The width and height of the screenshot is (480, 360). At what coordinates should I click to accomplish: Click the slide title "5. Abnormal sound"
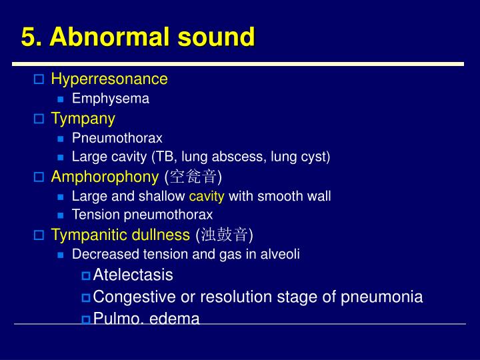coord(137,37)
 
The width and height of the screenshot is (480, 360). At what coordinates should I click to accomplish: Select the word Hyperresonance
coord(109,79)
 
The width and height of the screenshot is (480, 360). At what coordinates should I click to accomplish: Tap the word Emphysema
coord(111,99)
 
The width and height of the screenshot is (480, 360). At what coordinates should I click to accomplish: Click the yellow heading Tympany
coord(83,119)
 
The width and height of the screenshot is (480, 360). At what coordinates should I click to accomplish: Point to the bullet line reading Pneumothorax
coord(117,138)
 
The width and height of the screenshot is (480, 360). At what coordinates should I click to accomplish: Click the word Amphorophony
coord(105,177)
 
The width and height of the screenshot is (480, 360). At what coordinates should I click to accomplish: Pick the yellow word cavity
coord(207,196)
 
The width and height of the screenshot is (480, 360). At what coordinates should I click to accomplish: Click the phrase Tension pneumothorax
coord(142,215)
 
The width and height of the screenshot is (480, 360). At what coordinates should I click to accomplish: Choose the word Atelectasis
coord(133,275)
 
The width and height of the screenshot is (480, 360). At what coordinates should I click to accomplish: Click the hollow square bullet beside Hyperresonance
coord(39,80)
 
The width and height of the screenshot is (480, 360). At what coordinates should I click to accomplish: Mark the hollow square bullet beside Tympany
coord(39,119)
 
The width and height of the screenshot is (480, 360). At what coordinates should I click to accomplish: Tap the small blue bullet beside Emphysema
coord(61,99)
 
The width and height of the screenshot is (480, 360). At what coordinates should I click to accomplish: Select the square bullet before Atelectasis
coord(86,276)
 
